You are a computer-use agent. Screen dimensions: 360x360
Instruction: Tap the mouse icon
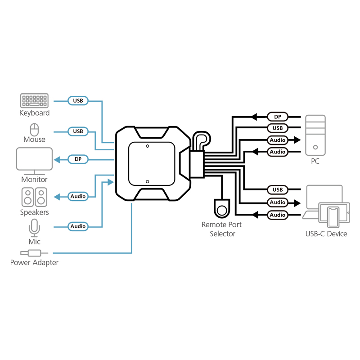tap(34, 129)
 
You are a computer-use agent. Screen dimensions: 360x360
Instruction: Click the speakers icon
tap(34, 197)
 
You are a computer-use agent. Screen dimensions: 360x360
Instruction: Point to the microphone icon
tap(34, 227)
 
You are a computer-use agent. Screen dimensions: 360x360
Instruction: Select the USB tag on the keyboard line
tap(78, 101)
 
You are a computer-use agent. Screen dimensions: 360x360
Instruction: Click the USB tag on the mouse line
tap(78, 131)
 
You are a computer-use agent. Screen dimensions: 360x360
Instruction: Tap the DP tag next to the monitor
tap(78, 159)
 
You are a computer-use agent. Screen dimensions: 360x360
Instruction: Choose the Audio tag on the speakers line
tap(78, 196)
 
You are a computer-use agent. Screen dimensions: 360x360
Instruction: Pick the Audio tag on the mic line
tap(78, 226)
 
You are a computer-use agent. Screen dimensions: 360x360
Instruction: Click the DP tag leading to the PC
tap(278, 117)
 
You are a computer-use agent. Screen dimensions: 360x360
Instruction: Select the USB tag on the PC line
tap(278, 129)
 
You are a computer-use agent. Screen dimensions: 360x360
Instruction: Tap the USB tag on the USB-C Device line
tap(278, 189)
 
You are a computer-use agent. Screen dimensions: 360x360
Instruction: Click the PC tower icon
tap(315, 135)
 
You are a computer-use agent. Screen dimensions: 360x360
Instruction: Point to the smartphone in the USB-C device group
tap(333, 217)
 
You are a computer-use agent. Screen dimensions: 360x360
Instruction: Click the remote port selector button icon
tap(221, 209)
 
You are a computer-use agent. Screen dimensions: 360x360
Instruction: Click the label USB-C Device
tap(326, 234)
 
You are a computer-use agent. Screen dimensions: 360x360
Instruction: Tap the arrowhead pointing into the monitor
tap(57, 159)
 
